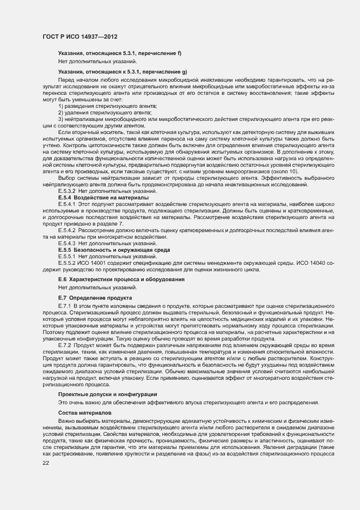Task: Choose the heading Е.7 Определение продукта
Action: click(x=95, y=298)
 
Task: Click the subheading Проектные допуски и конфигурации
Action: click(x=108, y=393)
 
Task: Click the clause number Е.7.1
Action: click(x=65, y=307)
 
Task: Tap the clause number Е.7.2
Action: click(x=65, y=345)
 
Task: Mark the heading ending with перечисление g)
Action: click(x=123, y=71)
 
